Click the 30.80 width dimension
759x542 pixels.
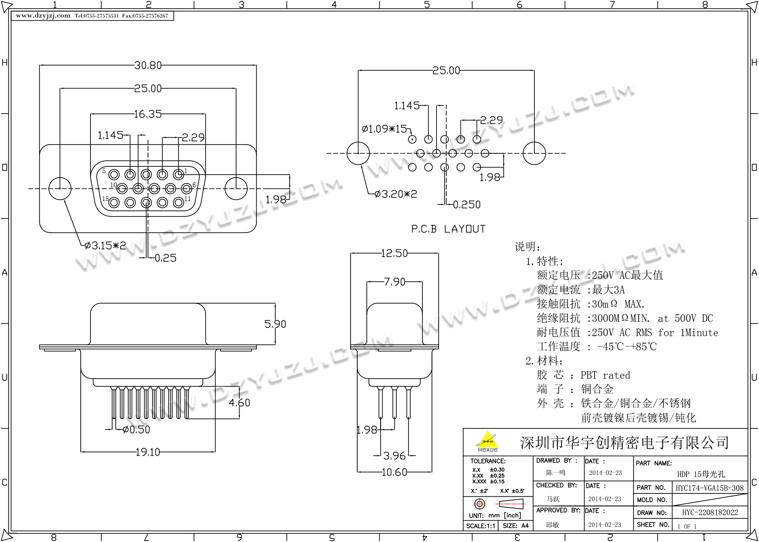click(148, 65)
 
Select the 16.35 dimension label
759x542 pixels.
click(148, 114)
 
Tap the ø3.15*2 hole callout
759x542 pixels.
click(105, 246)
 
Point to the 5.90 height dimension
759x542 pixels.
click(275, 324)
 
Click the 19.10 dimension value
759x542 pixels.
click(148, 452)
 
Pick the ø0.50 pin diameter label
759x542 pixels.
click(136, 430)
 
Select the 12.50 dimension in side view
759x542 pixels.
click(394, 253)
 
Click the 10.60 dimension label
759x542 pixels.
click(394, 472)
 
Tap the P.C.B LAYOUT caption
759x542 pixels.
click(448, 229)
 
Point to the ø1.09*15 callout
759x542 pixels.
click(384, 129)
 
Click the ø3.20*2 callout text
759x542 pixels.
click(395, 194)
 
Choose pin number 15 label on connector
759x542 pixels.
click(105, 199)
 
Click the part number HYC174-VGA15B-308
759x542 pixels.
click(709, 488)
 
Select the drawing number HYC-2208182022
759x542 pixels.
click(710, 512)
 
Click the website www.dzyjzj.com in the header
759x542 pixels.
click(43, 16)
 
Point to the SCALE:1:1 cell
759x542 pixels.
click(481, 526)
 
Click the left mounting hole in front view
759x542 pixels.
click(60, 189)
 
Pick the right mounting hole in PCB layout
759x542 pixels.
click(534, 153)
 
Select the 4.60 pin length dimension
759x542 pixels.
click(239, 403)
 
